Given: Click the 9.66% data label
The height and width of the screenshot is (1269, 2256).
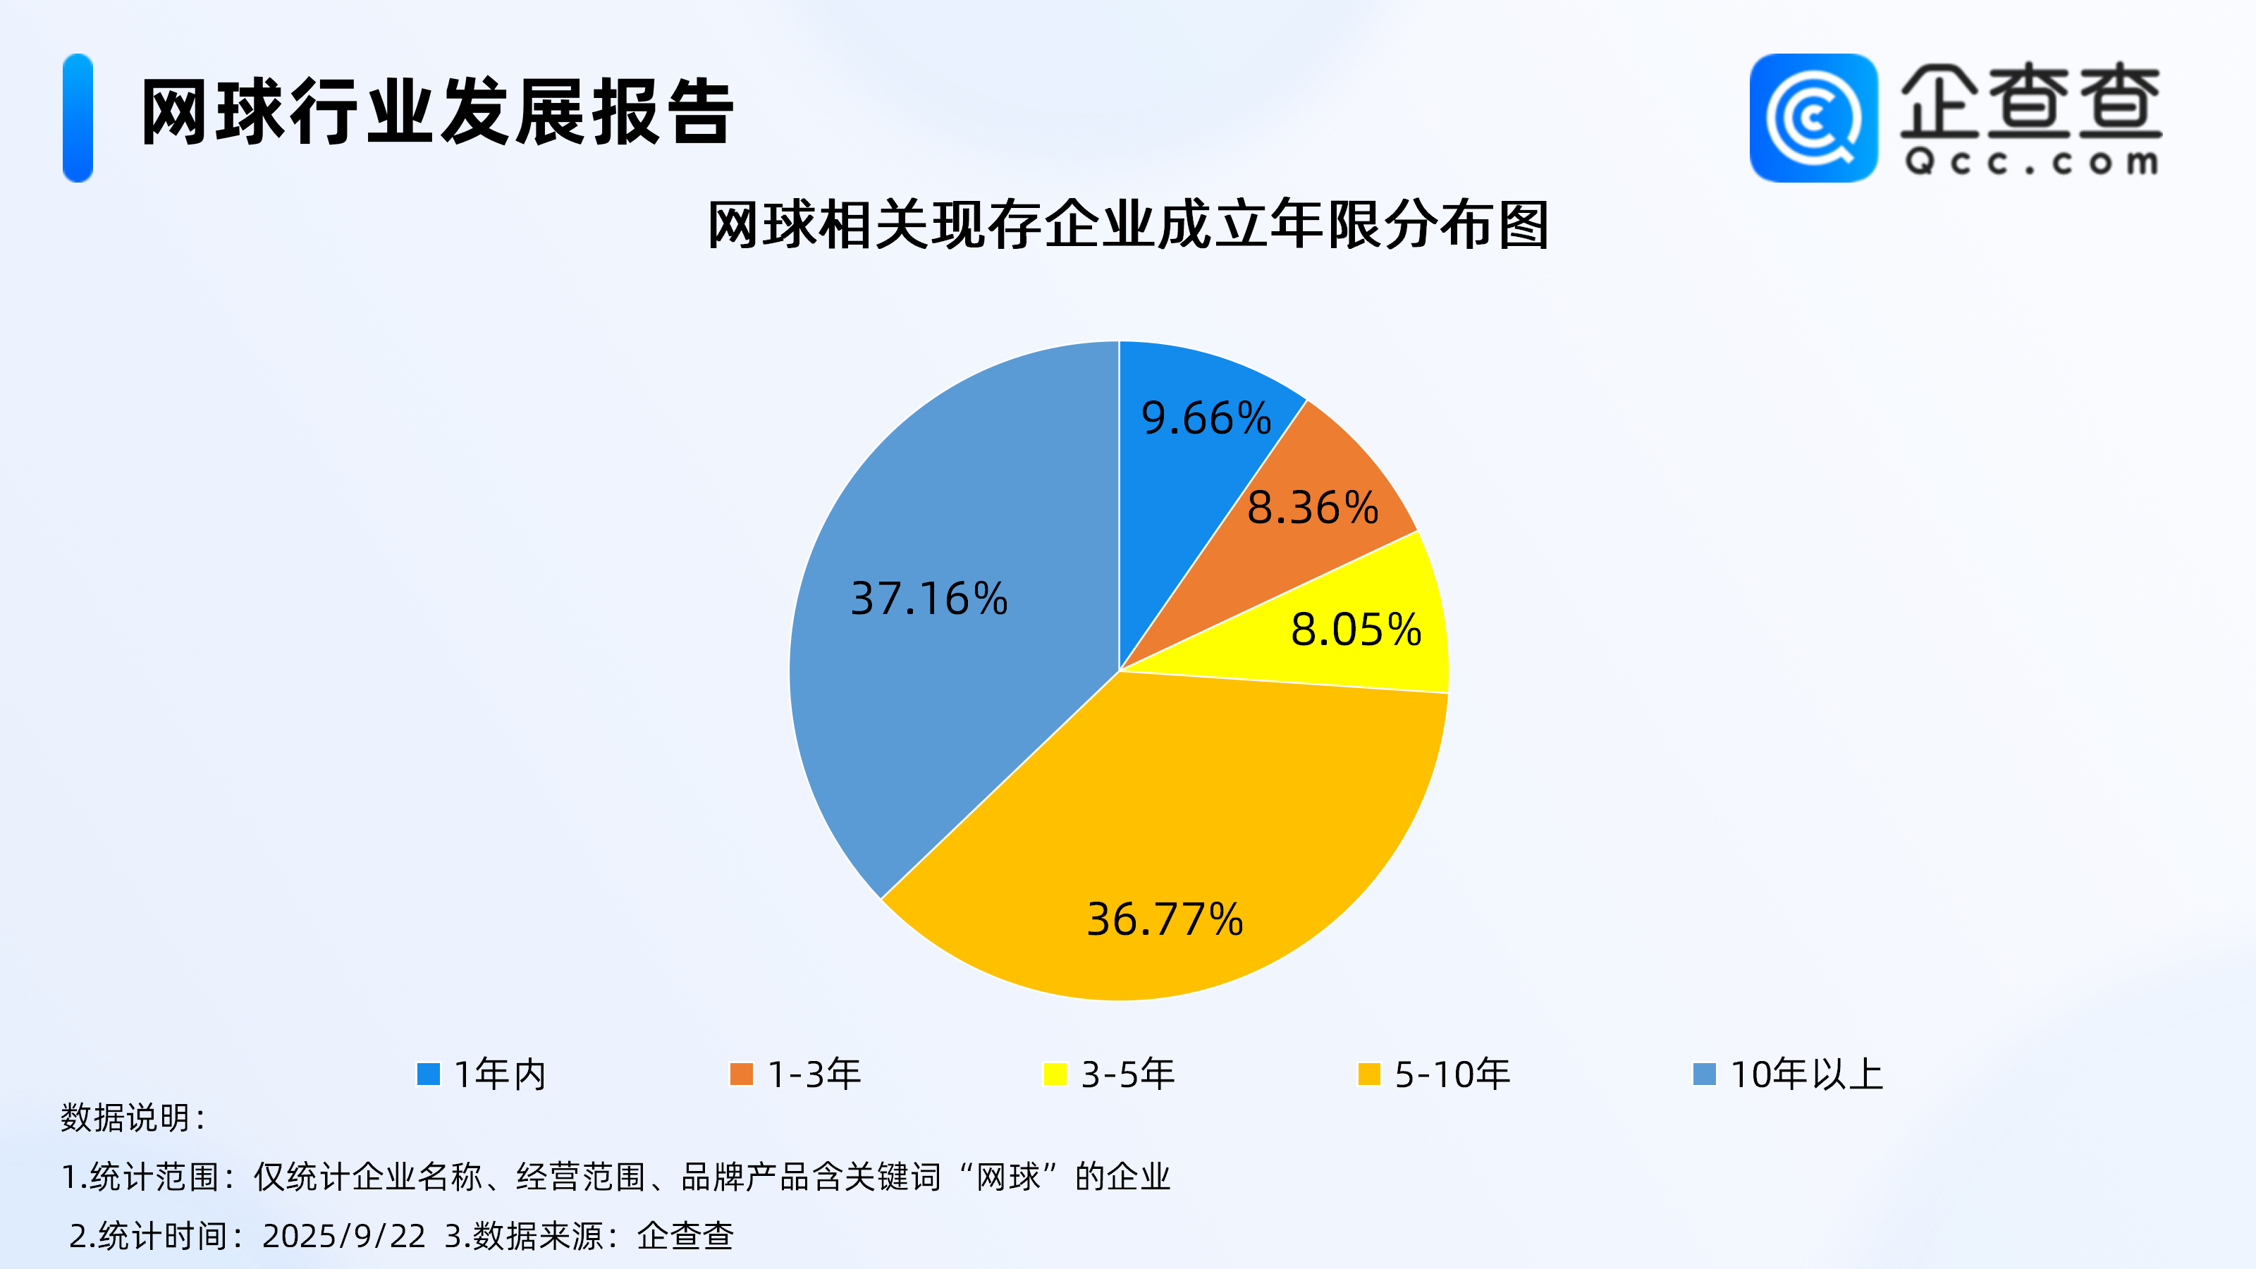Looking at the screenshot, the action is pos(1206,418).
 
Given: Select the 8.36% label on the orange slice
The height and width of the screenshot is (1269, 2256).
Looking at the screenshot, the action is pos(1313,508).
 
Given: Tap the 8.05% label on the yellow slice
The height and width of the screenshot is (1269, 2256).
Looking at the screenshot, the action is pos(1356,630).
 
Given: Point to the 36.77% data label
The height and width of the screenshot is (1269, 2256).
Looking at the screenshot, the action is pos(1165,919).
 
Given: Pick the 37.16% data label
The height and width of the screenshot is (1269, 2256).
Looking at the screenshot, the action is pos(929,599).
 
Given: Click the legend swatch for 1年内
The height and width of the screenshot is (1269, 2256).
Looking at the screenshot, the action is pos(428,1074).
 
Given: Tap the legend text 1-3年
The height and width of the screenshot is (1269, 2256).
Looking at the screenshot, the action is pos(814,1074).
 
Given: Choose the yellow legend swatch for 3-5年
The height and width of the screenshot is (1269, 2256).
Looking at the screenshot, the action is pos(1055,1074).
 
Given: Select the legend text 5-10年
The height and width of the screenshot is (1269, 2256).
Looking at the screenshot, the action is pos(1452,1074).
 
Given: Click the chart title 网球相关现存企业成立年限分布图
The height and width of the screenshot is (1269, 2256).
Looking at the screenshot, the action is pos(1128,226).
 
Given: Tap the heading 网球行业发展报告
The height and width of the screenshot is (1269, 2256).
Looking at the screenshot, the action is pos(438,111).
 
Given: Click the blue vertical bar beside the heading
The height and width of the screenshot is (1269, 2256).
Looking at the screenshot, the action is pos(78,118).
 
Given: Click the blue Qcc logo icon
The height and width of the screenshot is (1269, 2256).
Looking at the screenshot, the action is pos(1814,118).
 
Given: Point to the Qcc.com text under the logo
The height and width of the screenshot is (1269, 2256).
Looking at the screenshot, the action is pos(2031,162).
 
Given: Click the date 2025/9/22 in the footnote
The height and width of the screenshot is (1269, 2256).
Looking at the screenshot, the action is pos(343,1236).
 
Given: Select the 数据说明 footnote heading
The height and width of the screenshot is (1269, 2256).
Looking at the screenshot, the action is pos(133,1117).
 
